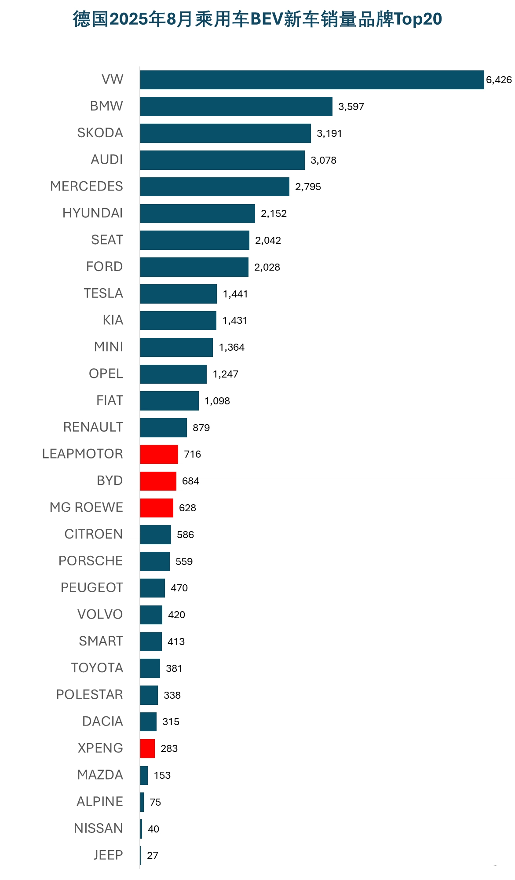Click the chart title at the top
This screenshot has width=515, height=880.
(257, 19)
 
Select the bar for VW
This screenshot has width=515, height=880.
(312, 80)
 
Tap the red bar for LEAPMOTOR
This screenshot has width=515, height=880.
(159, 454)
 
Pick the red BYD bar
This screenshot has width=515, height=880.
(158, 481)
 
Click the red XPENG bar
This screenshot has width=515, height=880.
(147, 748)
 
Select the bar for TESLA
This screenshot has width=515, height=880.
(178, 294)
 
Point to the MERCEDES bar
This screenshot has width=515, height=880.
(215, 187)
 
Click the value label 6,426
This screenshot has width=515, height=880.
(499, 80)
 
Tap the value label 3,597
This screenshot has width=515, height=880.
(351, 107)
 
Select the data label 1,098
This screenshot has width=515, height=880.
(217, 401)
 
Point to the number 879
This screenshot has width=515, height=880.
(201, 428)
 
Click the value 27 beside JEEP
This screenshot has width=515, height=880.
(153, 855)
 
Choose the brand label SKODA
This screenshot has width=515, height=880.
(100, 133)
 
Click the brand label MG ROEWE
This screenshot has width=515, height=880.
(86, 507)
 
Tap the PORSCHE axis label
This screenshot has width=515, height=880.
(91, 561)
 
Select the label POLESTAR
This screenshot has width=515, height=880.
(89, 695)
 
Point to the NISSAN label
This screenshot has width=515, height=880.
(99, 829)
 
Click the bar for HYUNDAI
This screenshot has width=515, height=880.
(197, 213)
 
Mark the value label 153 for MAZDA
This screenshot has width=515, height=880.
(162, 775)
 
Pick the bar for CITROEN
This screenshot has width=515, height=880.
(155, 535)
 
